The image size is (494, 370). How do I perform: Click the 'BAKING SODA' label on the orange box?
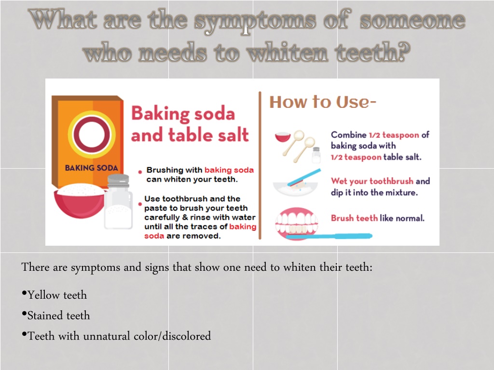point(91,168)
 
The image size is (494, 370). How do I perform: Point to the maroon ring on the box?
point(92,134)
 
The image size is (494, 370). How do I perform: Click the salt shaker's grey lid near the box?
point(118,181)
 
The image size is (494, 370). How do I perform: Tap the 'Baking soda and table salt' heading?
point(190,124)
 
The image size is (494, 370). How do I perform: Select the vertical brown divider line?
point(260,166)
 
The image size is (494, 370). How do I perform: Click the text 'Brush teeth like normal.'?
point(377,218)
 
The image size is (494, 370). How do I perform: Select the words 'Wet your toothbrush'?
point(372,181)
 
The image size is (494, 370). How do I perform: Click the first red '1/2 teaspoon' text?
point(394,135)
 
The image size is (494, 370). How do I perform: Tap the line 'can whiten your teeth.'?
point(192,179)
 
